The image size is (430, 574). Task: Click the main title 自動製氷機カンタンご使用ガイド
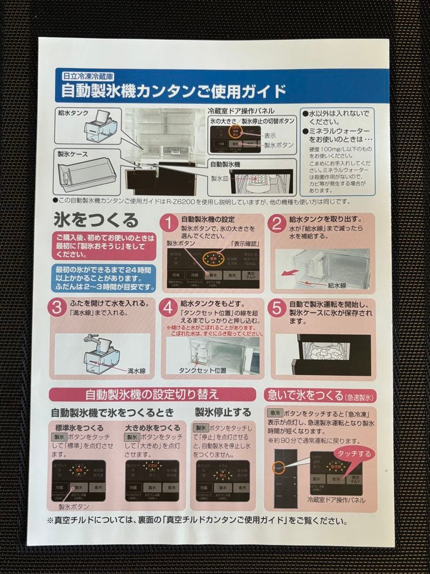click(173, 91)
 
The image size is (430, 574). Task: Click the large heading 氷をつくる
click(96, 220)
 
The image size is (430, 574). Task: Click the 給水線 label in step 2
click(337, 285)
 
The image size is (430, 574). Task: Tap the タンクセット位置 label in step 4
click(202, 370)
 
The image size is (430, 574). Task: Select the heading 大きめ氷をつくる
click(152, 428)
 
